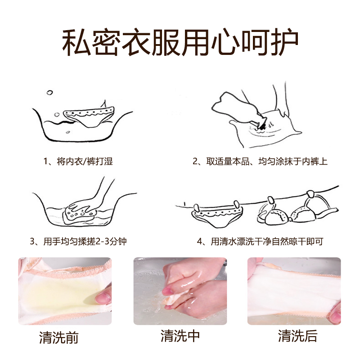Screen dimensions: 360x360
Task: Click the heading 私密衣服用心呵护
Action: (x=180, y=42)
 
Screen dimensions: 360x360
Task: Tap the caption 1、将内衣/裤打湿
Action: (x=78, y=161)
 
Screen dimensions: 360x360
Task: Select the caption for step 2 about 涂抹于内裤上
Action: (x=260, y=161)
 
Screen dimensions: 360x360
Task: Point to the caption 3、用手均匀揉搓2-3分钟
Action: (x=78, y=241)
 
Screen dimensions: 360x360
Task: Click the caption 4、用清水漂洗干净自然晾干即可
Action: (x=260, y=241)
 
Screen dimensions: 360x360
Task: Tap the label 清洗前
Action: (x=59, y=337)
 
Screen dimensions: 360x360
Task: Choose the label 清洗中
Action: (x=180, y=336)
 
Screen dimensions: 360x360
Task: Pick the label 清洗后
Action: (x=298, y=336)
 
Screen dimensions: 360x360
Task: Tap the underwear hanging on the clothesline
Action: (x=217, y=215)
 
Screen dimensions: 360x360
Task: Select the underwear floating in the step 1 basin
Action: (x=90, y=117)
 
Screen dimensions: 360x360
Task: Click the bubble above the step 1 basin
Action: (x=49, y=93)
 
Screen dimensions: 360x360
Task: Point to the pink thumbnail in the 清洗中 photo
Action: (x=167, y=292)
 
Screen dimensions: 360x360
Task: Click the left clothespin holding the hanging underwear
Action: (x=196, y=208)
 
